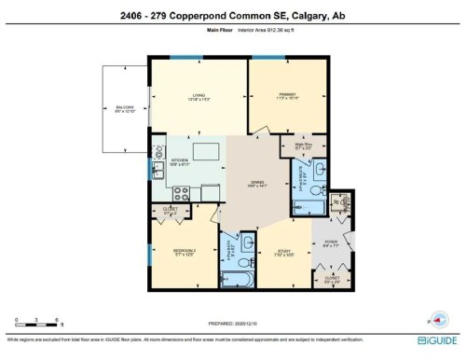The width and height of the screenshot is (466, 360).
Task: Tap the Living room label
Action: point(198,98)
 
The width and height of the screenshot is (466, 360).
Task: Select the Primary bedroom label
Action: point(286,96)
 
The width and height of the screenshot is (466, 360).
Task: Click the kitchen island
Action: point(206,152)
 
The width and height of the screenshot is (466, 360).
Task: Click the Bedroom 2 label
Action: point(183,252)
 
